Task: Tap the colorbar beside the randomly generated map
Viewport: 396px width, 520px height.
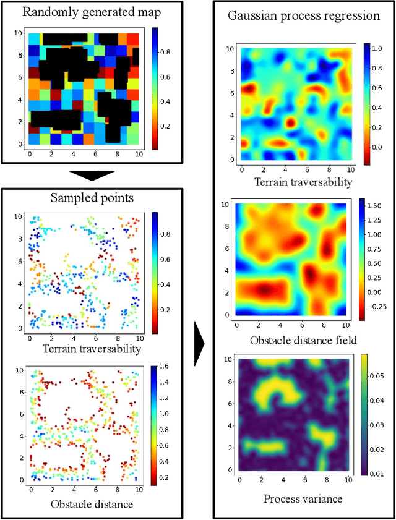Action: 155,87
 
